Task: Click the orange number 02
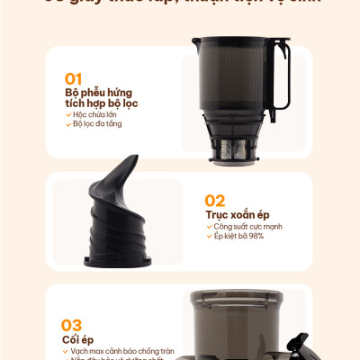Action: pyautogui.click(x=216, y=200)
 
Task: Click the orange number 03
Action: pyautogui.click(x=73, y=324)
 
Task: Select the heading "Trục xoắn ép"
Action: pyautogui.click(x=238, y=215)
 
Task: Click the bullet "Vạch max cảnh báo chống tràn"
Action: pyautogui.click(x=122, y=350)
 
